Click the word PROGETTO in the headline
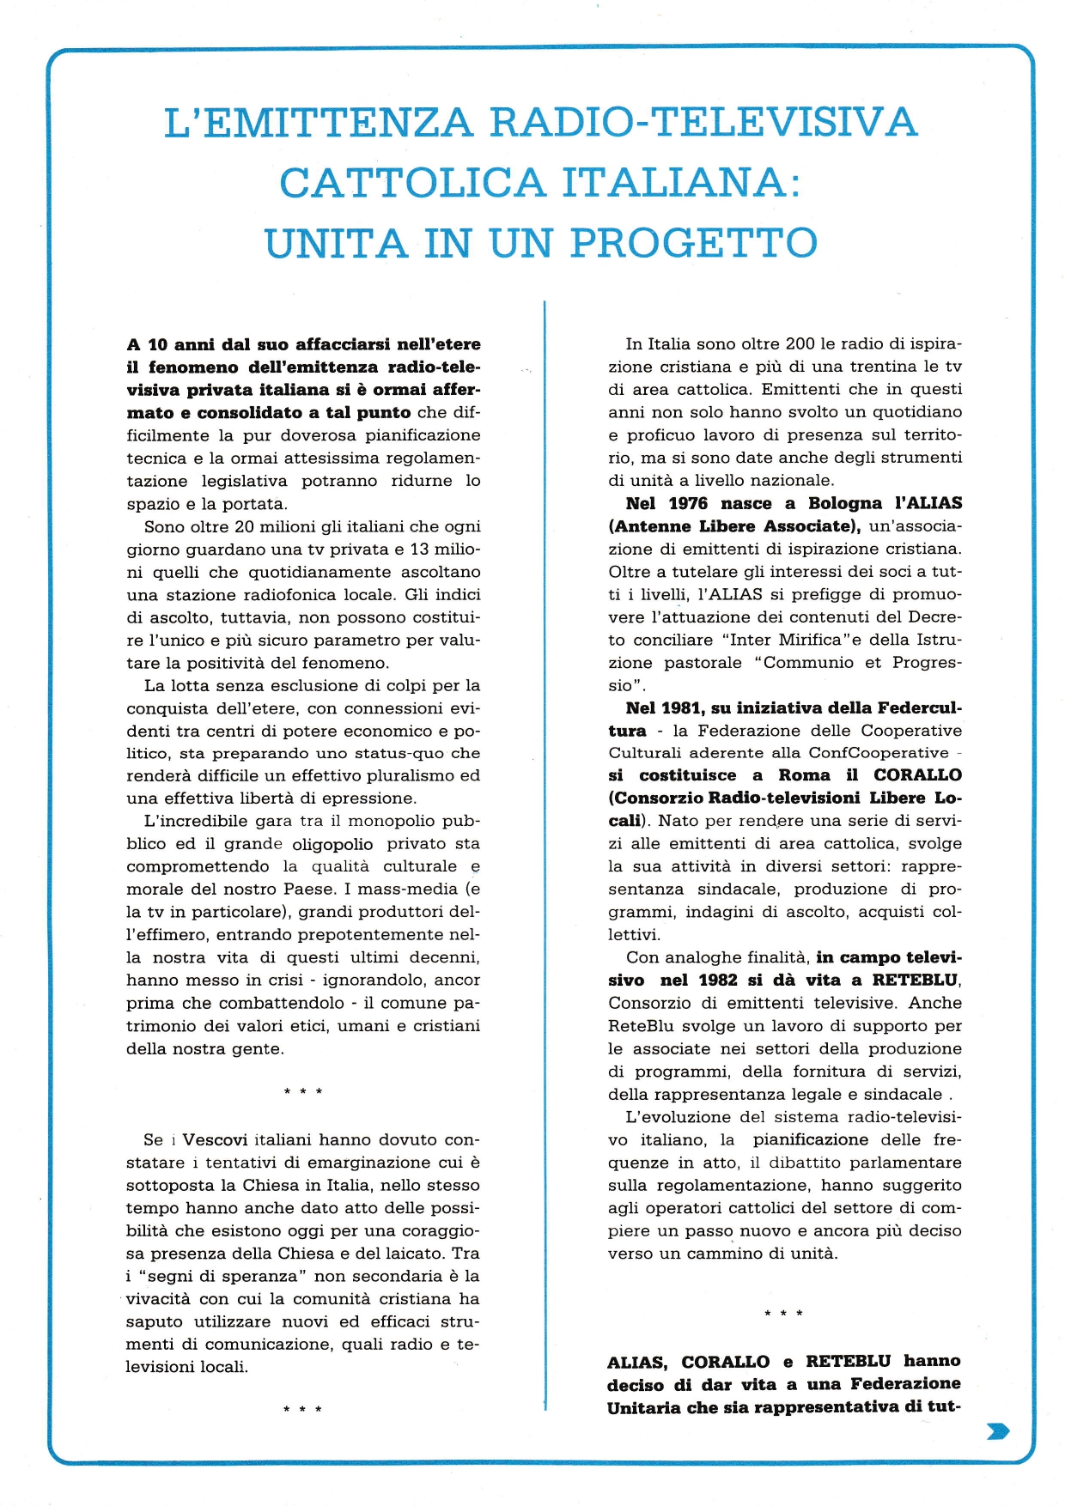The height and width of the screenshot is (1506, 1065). coord(693,243)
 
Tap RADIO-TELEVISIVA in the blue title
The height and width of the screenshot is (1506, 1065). coord(703,122)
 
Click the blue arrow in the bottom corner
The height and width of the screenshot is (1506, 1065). coord(999,1430)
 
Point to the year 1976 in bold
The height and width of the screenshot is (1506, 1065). coord(688,503)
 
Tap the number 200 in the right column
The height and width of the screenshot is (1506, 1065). coord(800,343)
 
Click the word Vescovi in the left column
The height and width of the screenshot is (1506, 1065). coord(215,1139)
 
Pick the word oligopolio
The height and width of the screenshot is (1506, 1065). coord(332,844)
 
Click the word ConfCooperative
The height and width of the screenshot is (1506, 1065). coord(879,753)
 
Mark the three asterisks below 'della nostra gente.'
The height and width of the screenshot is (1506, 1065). coord(302,1092)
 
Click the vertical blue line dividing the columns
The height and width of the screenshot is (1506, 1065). coord(545,859)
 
